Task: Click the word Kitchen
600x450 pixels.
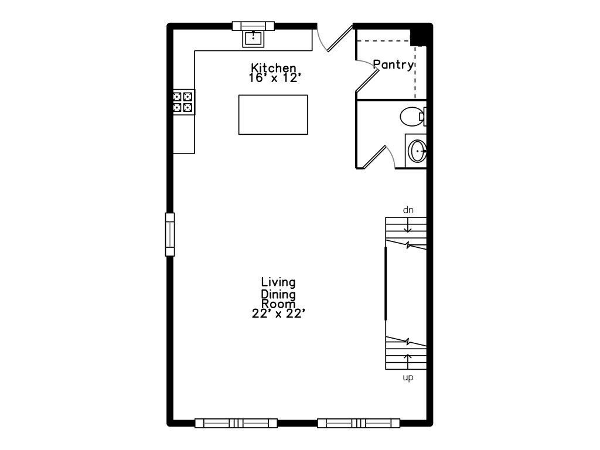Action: pyautogui.click(x=273, y=68)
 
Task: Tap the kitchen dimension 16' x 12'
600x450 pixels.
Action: pyautogui.click(x=273, y=78)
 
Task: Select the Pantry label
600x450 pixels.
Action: pyautogui.click(x=394, y=64)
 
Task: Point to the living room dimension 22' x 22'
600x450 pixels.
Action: pyautogui.click(x=278, y=313)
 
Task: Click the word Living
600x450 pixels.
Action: pyautogui.click(x=278, y=282)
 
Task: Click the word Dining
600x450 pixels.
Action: pyautogui.click(x=278, y=294)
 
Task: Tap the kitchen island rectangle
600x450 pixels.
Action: pyautogui.click(x=273, y=115)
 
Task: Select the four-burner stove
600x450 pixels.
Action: pyautogui.click(x=183, y=102)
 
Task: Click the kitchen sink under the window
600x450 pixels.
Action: pyautogui.click(x=253, y=38)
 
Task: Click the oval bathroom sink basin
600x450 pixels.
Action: pyautogui.click(x=417, y=151)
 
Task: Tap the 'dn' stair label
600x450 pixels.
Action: pyautogui.click(x=408, y=210)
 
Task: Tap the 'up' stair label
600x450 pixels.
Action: pyautogui.click(x=408, y=378)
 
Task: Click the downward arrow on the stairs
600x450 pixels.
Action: pyautogui.click(x=408, y=225)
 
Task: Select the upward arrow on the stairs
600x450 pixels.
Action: pyautogui.click(x=408, y=362)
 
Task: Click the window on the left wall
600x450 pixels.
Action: pyautogui.click(x=170, y=234)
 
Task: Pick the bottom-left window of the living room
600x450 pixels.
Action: pyautogui.click(x=236, y=423)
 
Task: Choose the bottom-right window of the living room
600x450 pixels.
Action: pyautogui.click(x=359, y=423)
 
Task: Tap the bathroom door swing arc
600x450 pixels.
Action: pyautogui.click(x=391, y=156)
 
